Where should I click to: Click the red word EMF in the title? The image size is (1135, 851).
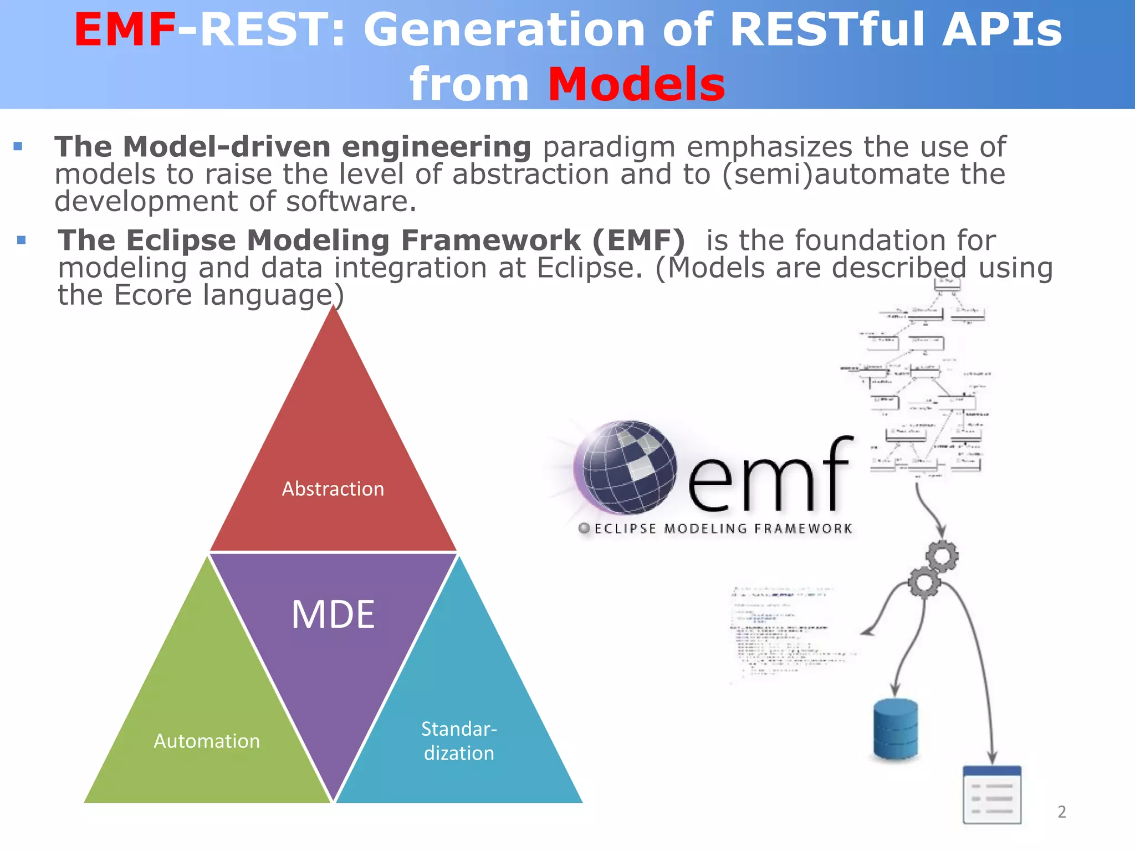click(x=125, y=30)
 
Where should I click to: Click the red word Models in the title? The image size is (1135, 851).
click(x=636, y=85)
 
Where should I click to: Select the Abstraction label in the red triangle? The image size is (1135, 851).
click(x=333, y=489)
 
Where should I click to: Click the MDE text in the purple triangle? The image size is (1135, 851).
click(x=333, y=614)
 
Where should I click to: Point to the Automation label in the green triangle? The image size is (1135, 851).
click(x=207, y=741)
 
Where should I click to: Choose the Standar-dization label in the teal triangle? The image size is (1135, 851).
click(x=459, y=741)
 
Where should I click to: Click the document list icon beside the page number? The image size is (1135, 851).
click(x=992, y=794)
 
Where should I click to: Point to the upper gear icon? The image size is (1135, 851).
click(x=942, y=556)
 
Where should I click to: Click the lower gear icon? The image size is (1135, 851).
click(x=924, y=582)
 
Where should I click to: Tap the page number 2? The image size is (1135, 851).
click(x=1061, y=812)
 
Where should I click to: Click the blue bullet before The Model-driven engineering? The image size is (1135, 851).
click(x=18, y=147)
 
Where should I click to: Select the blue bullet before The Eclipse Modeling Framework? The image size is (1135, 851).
click(x=22, y=240)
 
